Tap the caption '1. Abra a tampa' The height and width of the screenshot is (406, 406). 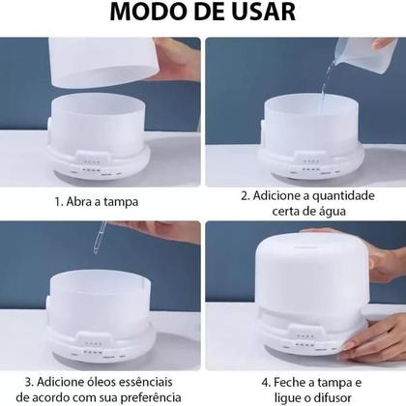pos(97,202)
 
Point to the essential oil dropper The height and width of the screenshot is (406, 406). pos(100,241)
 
